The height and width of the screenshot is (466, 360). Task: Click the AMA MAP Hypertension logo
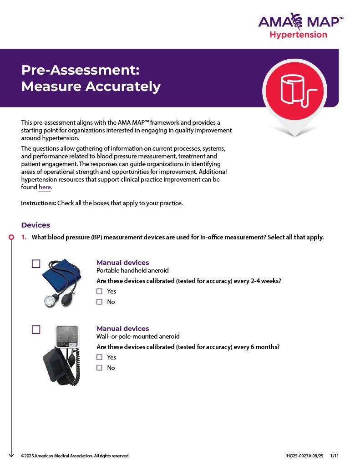click(x=300, y=26)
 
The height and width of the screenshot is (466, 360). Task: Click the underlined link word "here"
click(x=45, y=187)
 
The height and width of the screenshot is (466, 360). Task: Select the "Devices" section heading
click(x=35, y=225)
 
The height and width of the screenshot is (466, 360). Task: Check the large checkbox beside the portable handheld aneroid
click(x=36, y=263)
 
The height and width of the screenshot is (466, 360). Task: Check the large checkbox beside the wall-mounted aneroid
click(x=36, y=329)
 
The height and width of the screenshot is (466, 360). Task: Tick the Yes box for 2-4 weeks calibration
click(x=99, y=291)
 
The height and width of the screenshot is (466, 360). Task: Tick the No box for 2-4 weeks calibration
click(x=99, y=302)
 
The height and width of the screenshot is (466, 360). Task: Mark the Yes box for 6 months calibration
click(x=99, y=357)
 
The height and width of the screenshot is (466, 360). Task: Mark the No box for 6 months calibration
click(x=99, y=368)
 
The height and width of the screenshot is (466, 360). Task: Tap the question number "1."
click(x=24, y=237)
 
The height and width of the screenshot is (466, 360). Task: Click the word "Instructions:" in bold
click(x=39, y=203)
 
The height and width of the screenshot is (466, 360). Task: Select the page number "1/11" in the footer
click(x=335, y=456)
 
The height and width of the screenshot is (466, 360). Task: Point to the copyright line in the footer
click(x=75, y=456)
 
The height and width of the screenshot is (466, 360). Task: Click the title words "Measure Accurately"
click(x=91, y=86)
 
